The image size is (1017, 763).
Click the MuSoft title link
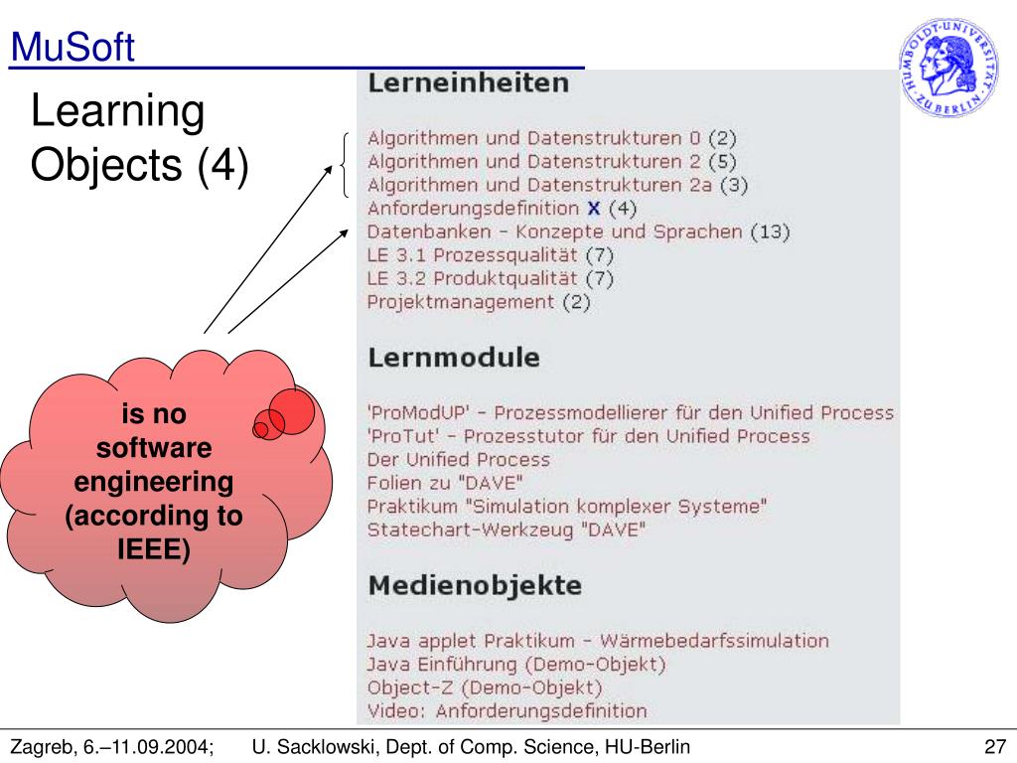pyautogui.click(x=72, y=48)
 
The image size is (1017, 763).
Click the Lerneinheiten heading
pyautogui.click(x=469, y=85)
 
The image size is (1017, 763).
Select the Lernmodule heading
pyautogui.click(x=454, y=359)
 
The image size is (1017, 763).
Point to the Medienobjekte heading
pyautogui.click(x=475, y=586)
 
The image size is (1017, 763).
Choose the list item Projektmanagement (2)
pyautogui.click(x=479, y=302)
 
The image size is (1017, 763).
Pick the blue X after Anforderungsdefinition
pyautogui.click(x=594, y=209)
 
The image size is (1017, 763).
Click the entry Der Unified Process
pyautogui.click(x=458, y=460)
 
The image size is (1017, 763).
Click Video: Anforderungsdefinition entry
pyautogui.click(x=507, y=711)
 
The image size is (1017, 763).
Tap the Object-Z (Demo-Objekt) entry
pyautogui.click(x=485, y=687)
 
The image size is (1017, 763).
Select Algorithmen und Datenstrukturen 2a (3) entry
pyautogui.click(x=557, y=185)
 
